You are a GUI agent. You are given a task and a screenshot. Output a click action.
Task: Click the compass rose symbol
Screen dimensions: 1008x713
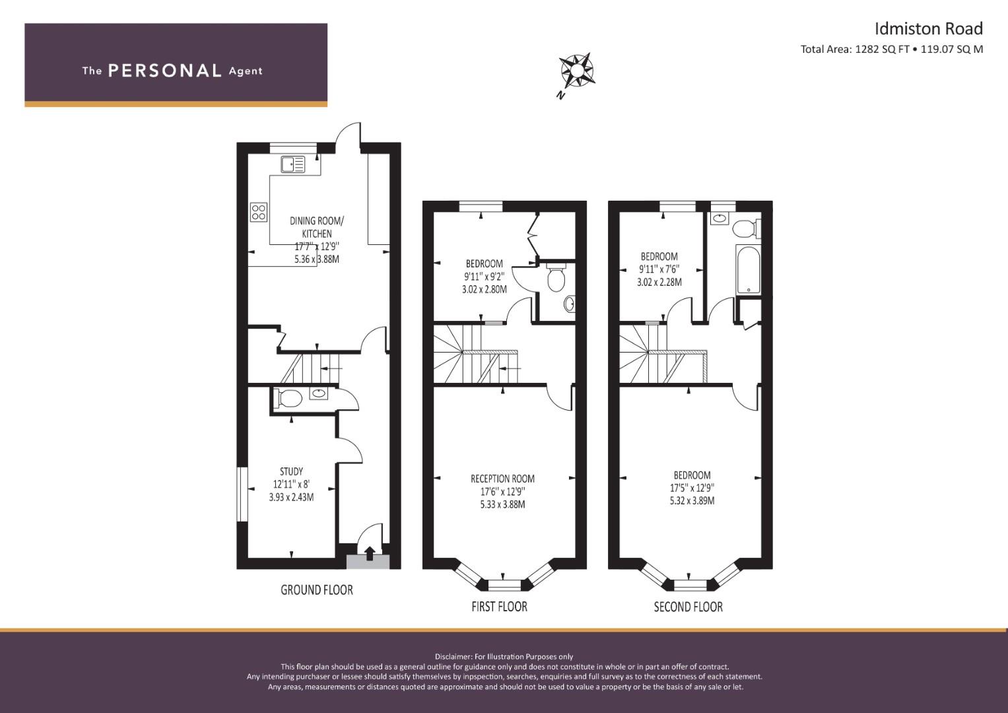[577, 70]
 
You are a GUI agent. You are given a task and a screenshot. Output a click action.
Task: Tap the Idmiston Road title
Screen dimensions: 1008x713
[928, 29]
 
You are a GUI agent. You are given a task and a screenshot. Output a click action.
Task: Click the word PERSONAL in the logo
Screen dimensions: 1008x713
[165, 71]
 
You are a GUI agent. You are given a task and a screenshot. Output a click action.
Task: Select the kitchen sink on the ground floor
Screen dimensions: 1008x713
[293, 164]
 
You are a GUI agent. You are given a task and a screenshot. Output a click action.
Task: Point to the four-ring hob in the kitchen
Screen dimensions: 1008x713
[259, 212]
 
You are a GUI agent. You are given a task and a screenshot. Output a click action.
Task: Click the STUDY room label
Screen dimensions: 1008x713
[291, 471]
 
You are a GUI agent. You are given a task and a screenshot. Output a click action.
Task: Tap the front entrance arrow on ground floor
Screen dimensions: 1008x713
[370, 553]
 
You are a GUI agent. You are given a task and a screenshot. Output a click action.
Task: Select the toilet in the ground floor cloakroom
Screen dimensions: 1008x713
[288, 398]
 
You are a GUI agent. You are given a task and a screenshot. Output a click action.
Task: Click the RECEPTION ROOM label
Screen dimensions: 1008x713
[502, 479]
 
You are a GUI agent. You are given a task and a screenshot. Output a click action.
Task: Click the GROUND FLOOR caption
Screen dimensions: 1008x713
[317, 590]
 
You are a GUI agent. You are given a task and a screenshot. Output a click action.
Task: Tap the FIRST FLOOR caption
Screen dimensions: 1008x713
[499, 606]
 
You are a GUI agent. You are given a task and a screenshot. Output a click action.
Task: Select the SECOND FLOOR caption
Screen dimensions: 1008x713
[688, 607]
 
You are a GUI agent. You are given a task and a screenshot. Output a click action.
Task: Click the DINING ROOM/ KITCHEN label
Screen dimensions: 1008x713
[317, 227]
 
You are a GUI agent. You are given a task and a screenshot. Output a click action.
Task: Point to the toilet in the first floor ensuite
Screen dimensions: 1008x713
[556, 277]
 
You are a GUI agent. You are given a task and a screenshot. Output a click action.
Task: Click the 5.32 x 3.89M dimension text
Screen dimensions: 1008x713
[692, 500]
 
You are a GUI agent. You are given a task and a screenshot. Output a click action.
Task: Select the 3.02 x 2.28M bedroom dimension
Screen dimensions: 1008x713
[659, 283]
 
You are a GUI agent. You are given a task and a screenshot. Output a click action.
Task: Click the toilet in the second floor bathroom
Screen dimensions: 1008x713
[747, 228]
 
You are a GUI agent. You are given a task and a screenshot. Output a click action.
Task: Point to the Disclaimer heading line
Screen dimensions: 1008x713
[504, 657]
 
